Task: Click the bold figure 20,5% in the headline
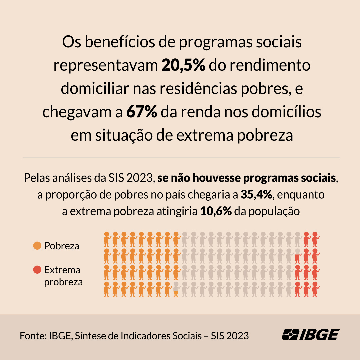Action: coord(183,65)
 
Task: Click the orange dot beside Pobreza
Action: coord(37,246)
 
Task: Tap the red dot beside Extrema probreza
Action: coord(37,270)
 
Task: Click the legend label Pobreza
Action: coord(62,246)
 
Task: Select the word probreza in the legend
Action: coord(63,282)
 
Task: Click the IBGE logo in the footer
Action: coord(310,334)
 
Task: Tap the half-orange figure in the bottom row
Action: coord(176,289)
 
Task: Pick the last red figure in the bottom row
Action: coord(315,289)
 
